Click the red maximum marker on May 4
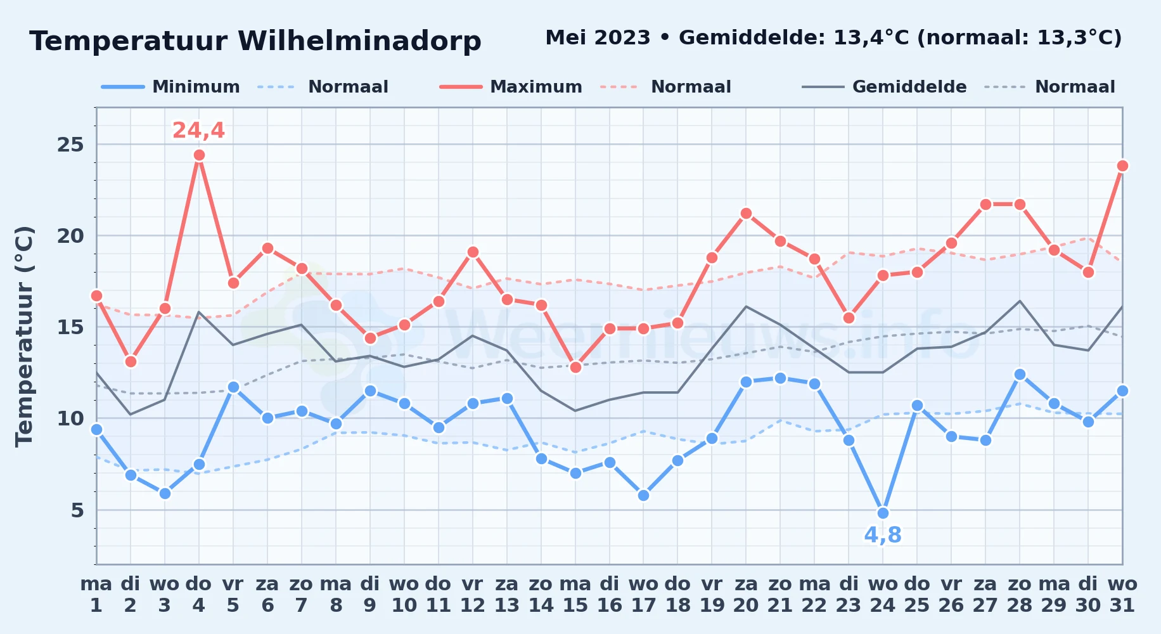click(x=199, y=155)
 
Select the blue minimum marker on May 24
click(x=883, y=513)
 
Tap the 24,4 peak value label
click(x=198, y=130)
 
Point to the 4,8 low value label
click(x=883, y=535)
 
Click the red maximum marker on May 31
click(x=1122, y=166)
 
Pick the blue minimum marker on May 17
click(x=643, y=495)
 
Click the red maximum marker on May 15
click(x=575, y=367)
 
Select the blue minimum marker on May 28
click(x=1020, y=375)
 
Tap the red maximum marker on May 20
click(x=746, y=214)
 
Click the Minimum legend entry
click(x=170, y=87)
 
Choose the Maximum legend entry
click(x=511, y=87)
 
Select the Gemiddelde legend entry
click(x=884, y=87)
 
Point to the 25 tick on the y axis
click(x=70, y=145)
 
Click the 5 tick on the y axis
click(x=77, y=510)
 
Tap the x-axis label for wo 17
click(x=643, y=595)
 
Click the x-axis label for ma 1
click(x=96, y=595)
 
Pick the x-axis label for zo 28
click(x=1020, y=595)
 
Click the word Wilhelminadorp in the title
click(x=359, y=41)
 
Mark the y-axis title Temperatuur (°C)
click(x=24, y=336)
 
